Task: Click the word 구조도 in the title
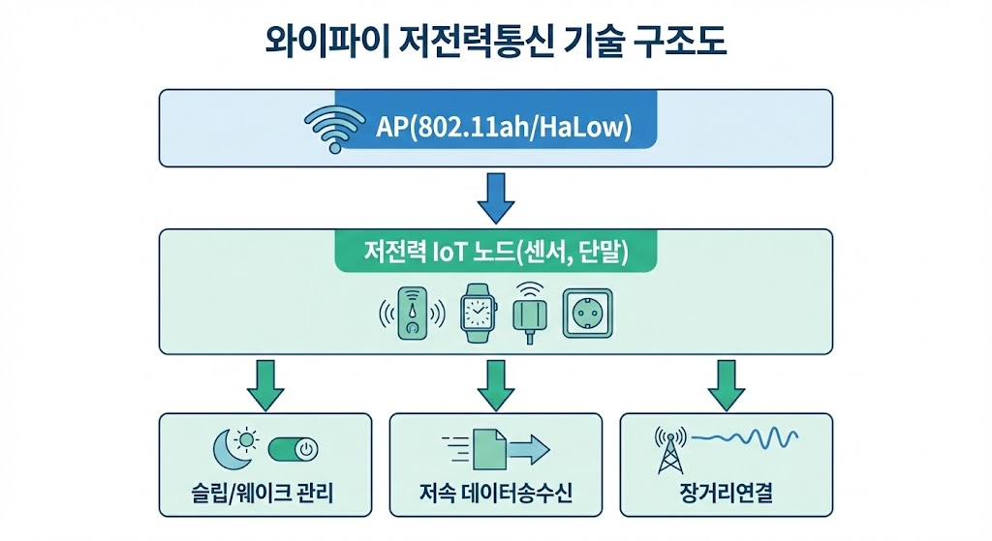point(671,44)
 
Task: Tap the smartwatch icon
point(476,312)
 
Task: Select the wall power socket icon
point(587,312)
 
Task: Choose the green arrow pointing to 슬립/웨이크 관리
point(265,384)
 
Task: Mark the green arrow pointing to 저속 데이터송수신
point(496,384)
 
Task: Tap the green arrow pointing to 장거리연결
point(727,384)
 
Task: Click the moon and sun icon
point(235,448)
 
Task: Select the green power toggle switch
point(294,450)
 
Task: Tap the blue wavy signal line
point(747,439)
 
